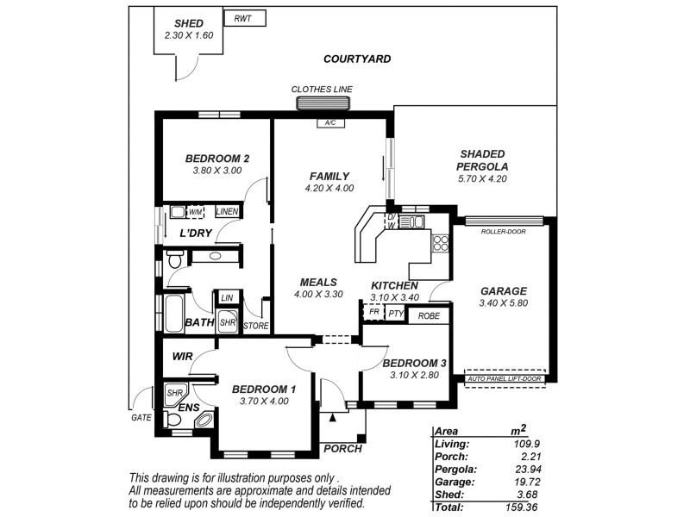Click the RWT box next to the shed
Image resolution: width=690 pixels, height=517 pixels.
point(244,18)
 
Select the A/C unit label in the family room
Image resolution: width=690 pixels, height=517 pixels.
point(329,123)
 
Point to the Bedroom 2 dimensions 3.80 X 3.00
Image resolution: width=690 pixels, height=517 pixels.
point(216,171)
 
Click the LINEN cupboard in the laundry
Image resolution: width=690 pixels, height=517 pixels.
point(228,211)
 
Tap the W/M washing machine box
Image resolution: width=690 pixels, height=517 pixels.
point(196,211)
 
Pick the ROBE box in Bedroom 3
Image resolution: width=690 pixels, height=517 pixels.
point(428,315)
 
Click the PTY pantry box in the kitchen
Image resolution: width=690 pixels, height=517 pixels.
point(396,314)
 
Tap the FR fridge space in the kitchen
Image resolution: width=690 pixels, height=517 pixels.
point(373,313)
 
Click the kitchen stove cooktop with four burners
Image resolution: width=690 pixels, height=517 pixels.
point(441,243)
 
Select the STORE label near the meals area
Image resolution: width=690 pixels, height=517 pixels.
point(256,326)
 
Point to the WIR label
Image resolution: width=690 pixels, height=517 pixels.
point(182,356)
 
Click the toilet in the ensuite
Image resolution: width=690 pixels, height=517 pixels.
point(172,420)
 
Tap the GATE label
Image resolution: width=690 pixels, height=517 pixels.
point(141,418)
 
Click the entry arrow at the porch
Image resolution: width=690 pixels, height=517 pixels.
point(332,418)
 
